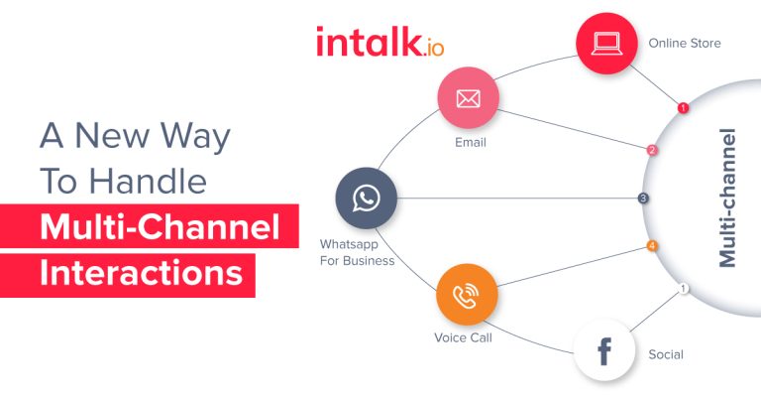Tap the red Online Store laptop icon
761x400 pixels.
pos(607,44)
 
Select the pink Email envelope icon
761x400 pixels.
pos(468,99)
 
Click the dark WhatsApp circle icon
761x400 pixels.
pos(366,198)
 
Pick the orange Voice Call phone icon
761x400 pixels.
pos(466,294)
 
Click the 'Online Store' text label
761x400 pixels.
pos(684,44)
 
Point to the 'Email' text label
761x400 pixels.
pos(471,142)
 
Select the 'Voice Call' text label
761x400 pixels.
pos(463,337)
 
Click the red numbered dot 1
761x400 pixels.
pos(683,107)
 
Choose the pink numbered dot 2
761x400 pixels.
pos(652,151)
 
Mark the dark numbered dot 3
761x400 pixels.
pos(643,199)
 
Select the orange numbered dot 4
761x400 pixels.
pos(651,245)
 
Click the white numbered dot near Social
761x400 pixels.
pos(683,289)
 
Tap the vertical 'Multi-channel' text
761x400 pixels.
pos(728,197)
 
